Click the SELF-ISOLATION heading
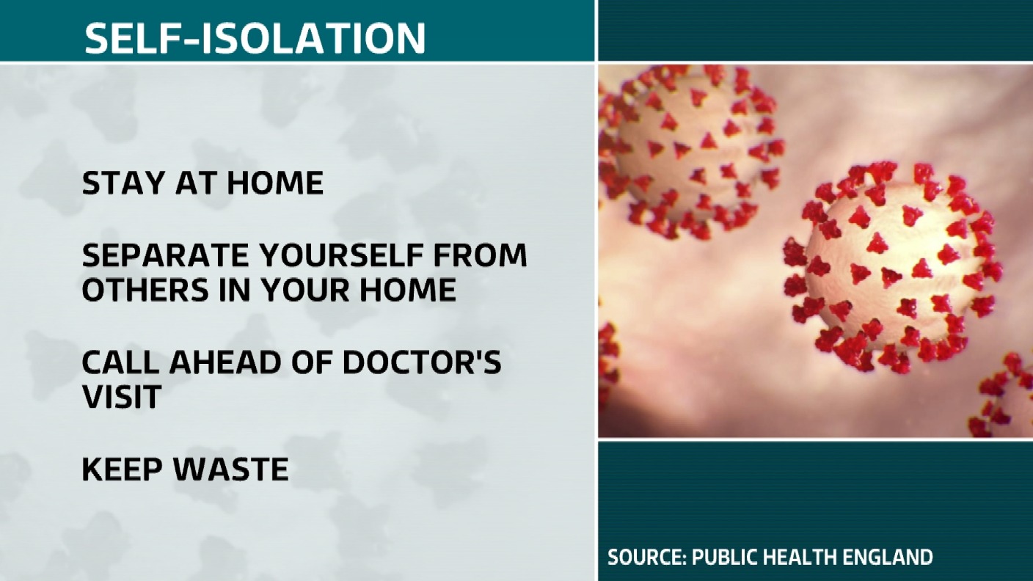click(x=255, y=37)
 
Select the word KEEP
click(x=119, y=469)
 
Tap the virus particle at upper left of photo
click(x=690, y=150)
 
